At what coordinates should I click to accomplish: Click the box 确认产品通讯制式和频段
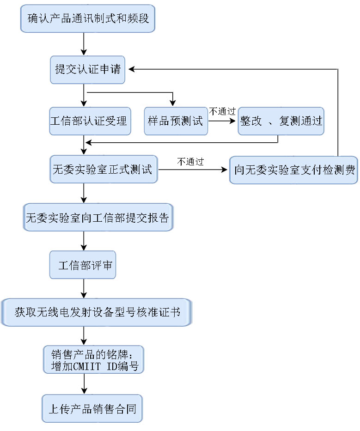coord(87,18)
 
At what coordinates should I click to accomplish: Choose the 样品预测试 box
coord(176,121)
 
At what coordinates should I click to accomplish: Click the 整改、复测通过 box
coord(281,121)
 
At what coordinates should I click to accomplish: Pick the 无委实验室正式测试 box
coord(104,169)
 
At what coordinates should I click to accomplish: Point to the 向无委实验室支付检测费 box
coord(293,170)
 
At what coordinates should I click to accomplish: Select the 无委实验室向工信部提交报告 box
coord(98,217)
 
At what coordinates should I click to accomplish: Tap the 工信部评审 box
coord(83,265)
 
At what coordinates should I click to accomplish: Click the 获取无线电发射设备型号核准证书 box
coord(97,312)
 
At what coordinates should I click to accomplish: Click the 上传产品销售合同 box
coord(92,408)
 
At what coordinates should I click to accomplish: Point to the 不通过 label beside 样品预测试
coord(222,111)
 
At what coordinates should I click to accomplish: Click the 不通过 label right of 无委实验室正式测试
coord(190,161)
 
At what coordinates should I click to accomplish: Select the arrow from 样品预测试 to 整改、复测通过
coord(222,121)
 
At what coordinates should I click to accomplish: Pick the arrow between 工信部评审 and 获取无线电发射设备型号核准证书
coord(84,288)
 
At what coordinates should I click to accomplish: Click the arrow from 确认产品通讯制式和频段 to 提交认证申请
coord(84,44)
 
